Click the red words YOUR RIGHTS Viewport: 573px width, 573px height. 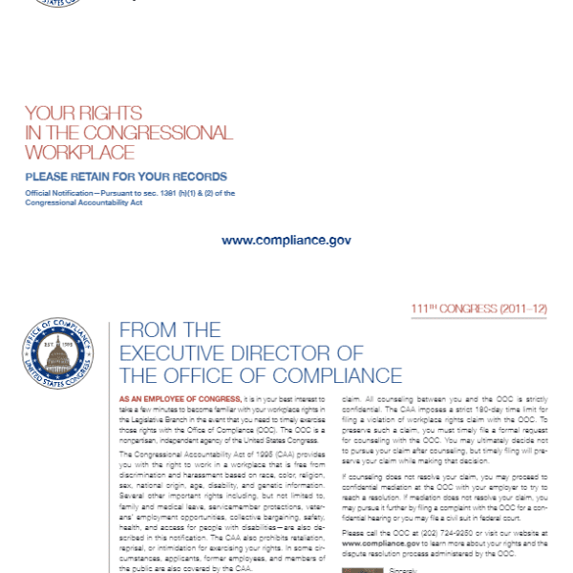click(83, 113)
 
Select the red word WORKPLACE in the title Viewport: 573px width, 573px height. click(79, 152)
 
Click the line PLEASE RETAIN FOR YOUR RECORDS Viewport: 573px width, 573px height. click(126, 177)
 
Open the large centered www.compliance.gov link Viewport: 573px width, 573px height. click(286, 240)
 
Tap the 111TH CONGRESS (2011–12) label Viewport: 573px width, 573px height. click(479, 308)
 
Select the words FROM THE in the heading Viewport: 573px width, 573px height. click(170, 330)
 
